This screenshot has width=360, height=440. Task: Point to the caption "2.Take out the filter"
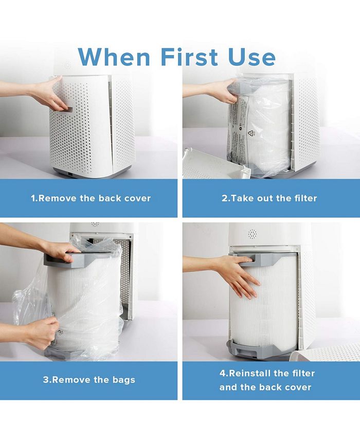[269, 198]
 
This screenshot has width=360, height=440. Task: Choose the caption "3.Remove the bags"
[89, 380]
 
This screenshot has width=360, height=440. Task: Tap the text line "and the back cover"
[265, 387]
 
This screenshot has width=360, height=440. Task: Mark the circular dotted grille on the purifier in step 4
[252, 234]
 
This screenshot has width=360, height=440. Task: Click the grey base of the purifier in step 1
[93, 173]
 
